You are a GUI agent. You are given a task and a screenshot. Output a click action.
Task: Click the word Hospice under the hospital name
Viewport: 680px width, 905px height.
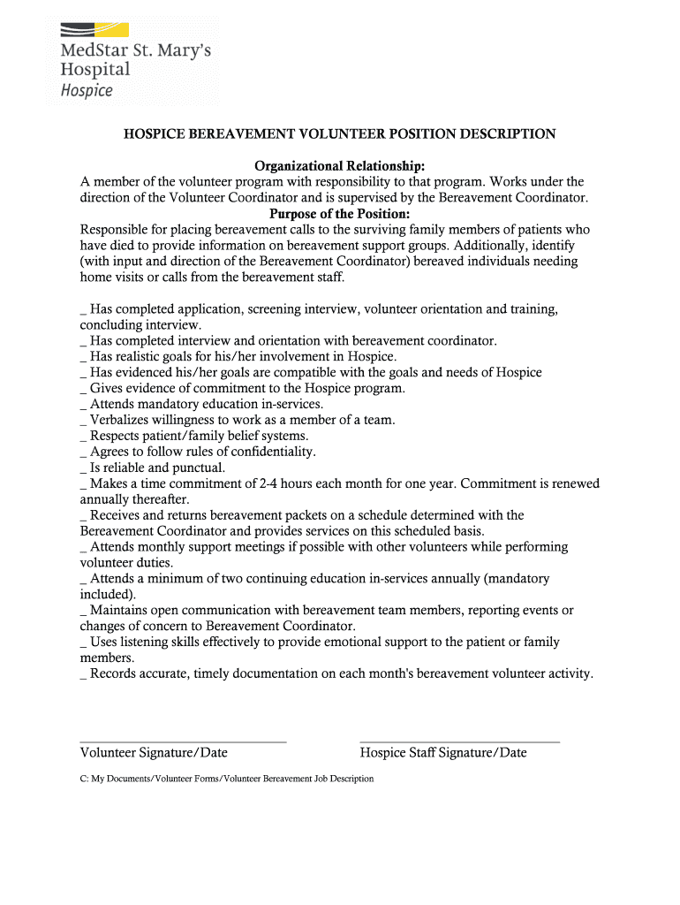[x=87, y=90]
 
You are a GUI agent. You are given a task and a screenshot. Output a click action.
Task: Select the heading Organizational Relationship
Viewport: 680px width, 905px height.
[x=340, y=166]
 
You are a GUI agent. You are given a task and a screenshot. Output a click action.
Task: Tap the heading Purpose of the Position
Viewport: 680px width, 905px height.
[x=340, y=214]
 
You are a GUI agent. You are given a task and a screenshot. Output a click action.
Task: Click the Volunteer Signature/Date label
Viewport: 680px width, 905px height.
[x=154, y=753]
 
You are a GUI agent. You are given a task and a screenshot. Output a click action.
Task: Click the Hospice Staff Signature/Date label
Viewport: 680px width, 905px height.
[x=443, y=753]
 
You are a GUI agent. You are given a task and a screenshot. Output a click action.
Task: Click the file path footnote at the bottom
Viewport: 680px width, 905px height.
[x=227, y=779]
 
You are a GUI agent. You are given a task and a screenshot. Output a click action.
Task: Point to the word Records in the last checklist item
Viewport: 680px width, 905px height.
[x=113, y=673]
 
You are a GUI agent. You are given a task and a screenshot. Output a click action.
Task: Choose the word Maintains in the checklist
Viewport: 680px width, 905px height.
[x=120, y=610]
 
